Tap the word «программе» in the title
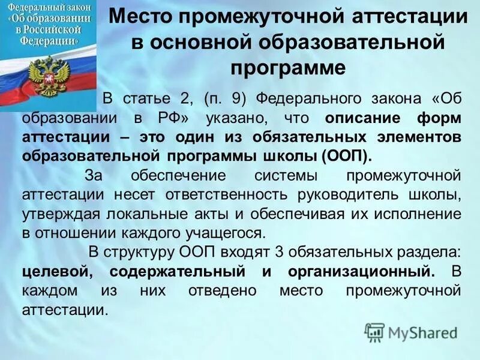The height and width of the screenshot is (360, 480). tap(288, 67)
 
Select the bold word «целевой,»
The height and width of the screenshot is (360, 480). tap(57, 272)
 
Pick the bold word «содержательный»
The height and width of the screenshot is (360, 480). tap(179, 272)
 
